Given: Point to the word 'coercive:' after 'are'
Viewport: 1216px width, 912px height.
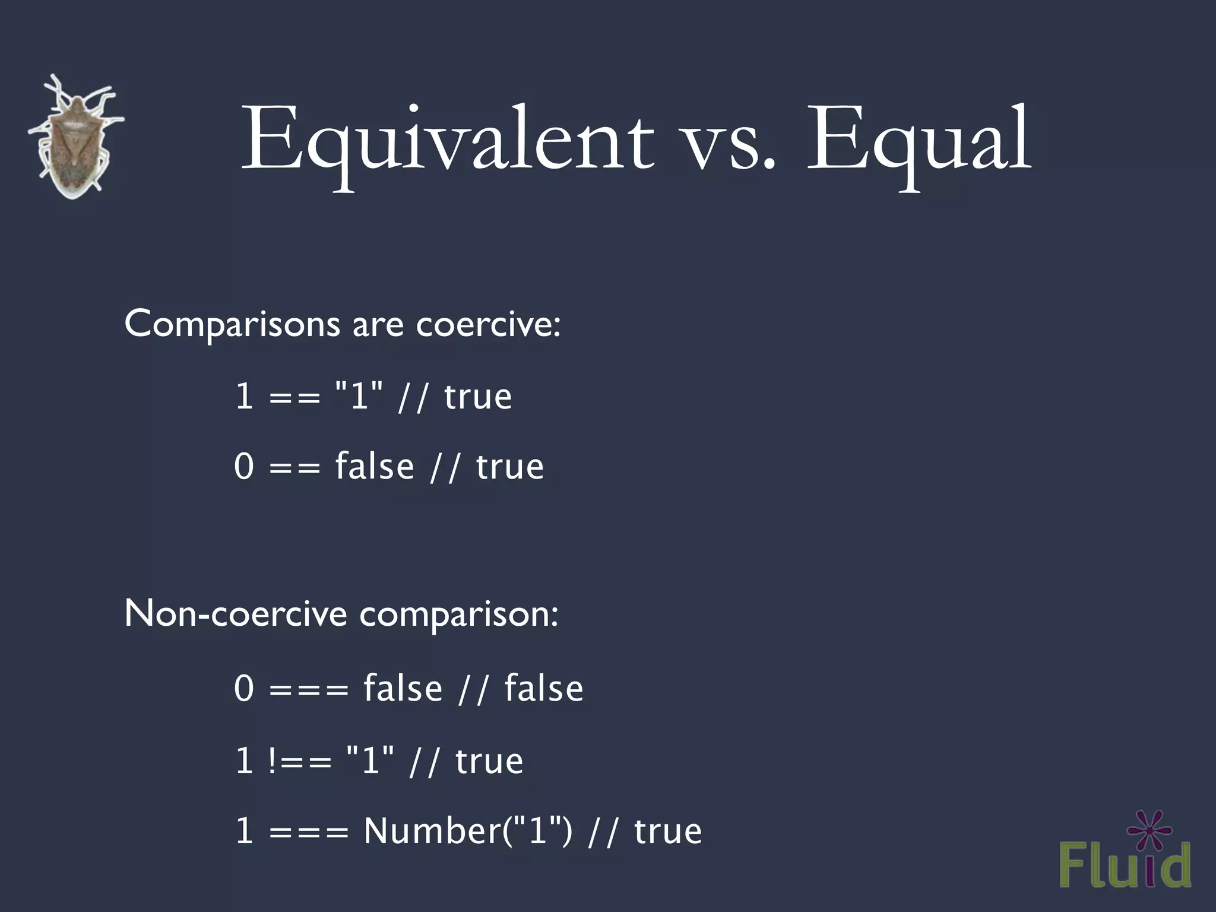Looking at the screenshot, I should click(x=488, y=325).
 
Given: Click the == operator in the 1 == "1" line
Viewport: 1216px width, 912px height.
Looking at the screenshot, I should click(x=294, y=397).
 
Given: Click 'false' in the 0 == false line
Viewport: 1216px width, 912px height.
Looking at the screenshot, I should click(x=375, y=466).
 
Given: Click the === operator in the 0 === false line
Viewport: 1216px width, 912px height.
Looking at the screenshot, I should click(x=309, y=689).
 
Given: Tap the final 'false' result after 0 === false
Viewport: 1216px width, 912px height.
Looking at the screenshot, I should click(x=544, y=689).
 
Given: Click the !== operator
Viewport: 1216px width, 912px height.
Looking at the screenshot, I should click(x=299, y=761).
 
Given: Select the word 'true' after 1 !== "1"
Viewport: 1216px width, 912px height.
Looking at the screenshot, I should click(x=489, y=761).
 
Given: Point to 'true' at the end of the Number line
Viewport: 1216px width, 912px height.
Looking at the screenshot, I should click(x=668, y=831).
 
